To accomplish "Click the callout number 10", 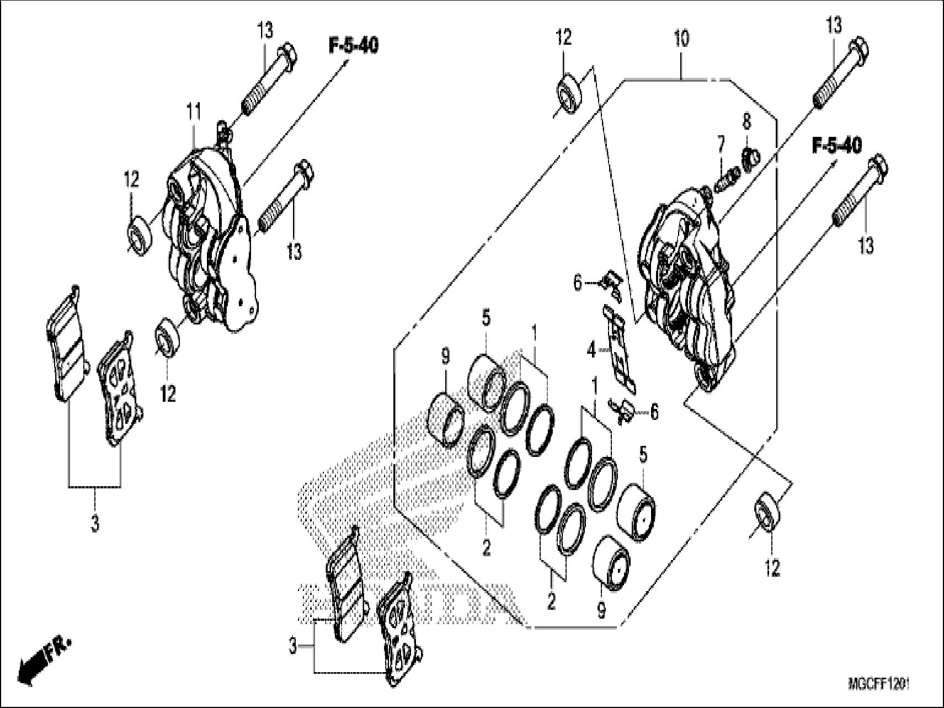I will pyautogui.click(x=681, y=40).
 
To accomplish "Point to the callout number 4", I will pyautogui.click(x=592, y=350).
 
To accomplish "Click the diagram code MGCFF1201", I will pyautogui.click(x=878, y=685).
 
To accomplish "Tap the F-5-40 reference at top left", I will pyautogui.click(x=354, y=46).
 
